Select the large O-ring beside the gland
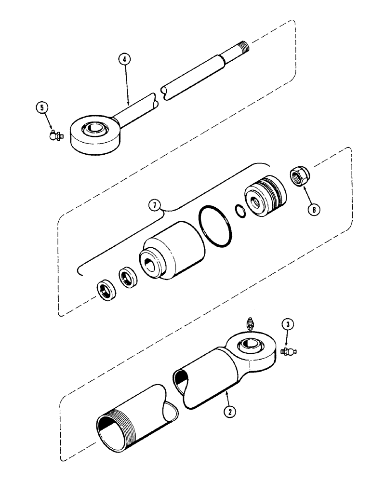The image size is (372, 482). point(217,226)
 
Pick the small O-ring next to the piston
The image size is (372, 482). point(240,210)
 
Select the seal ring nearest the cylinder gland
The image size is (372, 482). point(128,279)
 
